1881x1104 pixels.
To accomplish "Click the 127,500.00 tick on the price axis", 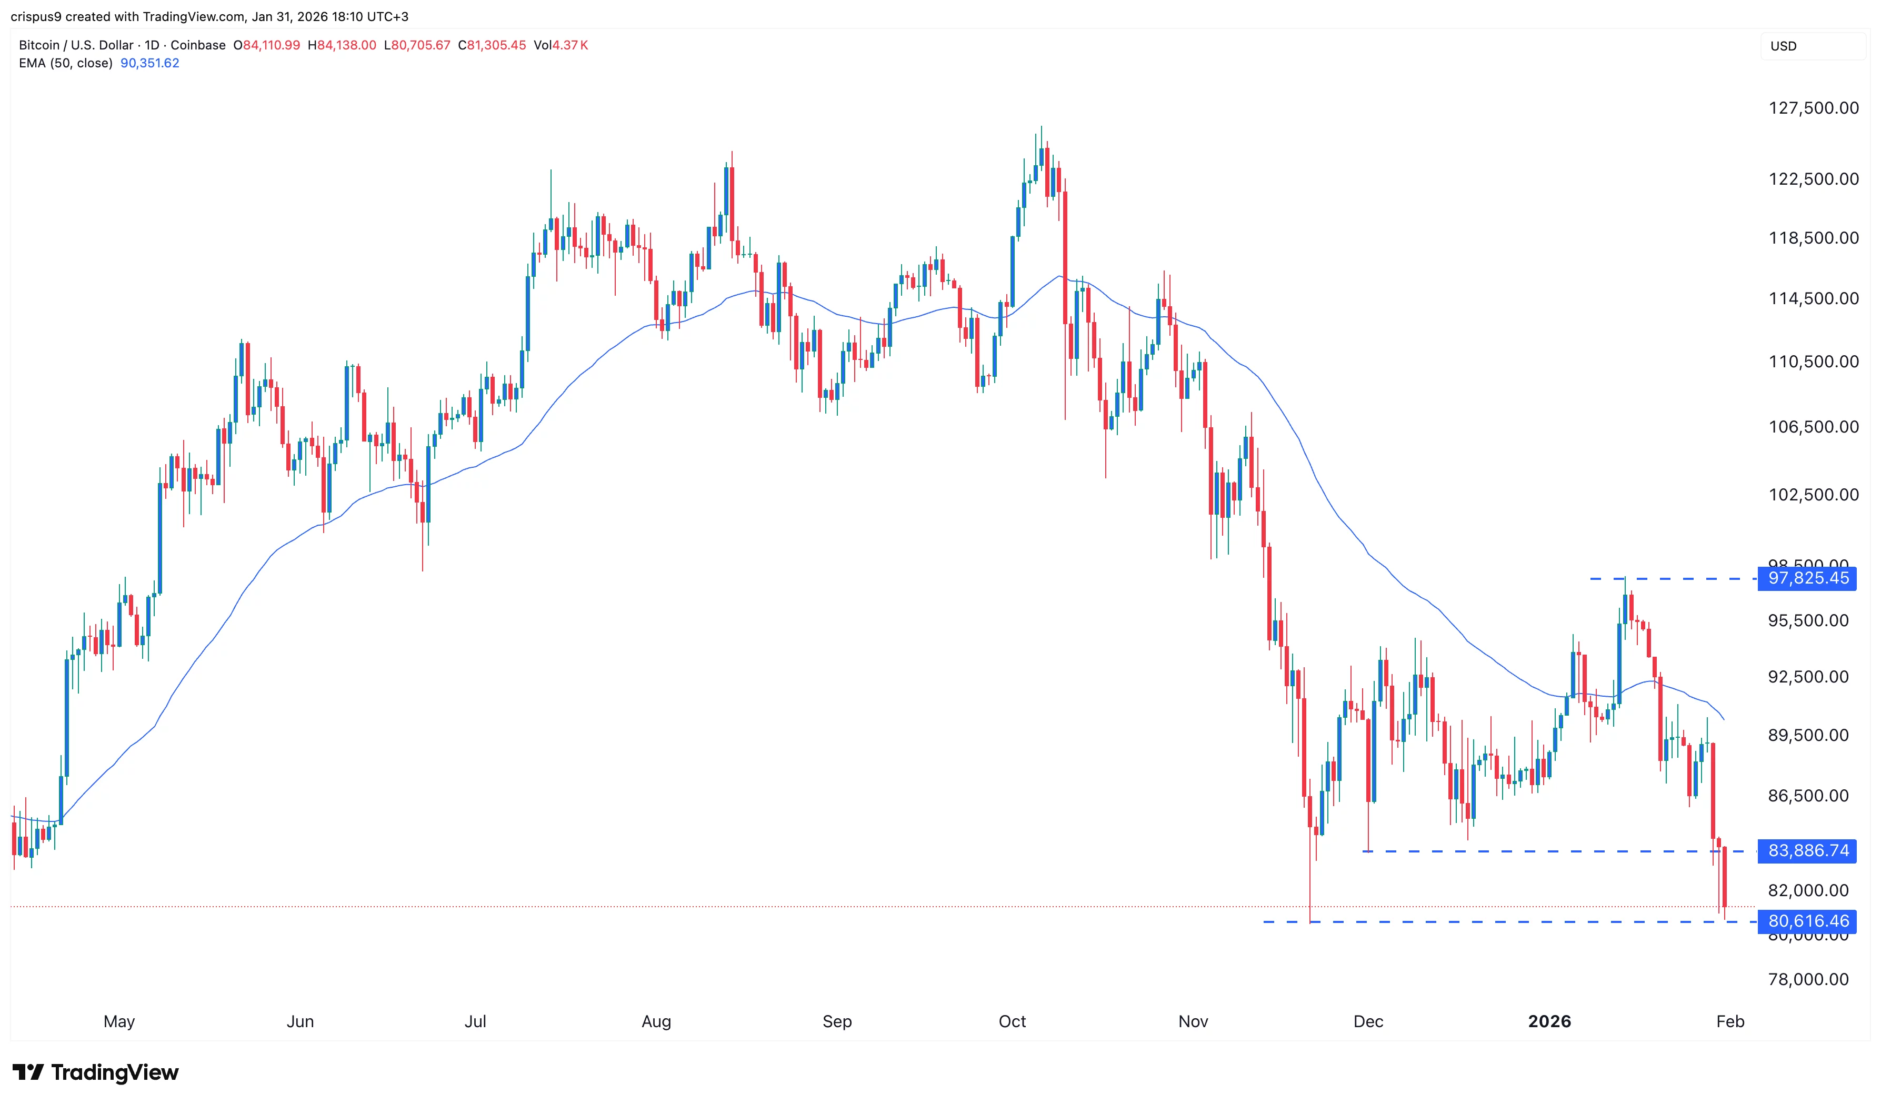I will (1813, 108).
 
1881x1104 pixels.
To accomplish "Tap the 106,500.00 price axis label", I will (1813, 427).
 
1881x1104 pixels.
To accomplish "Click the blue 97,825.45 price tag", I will (1807, 578).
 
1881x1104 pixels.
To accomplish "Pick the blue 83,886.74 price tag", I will (1807, 851).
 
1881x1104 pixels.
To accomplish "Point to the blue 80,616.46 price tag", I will (1807, 922).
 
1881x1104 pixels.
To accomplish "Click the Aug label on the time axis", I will (656, 1022).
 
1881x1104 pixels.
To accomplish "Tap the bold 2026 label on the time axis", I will (1549, 1022).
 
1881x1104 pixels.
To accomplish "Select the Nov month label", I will (1193, 1022).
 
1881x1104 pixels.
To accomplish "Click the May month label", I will (119, 1022).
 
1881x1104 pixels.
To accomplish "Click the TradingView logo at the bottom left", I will (96, 1072).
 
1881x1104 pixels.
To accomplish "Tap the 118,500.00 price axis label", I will (1813, 238).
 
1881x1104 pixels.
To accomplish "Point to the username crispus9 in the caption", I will (36, 16).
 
